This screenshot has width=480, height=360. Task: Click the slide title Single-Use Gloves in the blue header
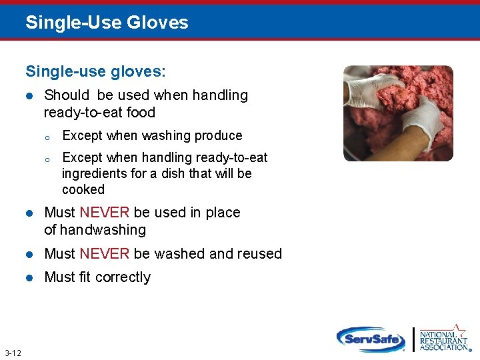(x=107, y=23)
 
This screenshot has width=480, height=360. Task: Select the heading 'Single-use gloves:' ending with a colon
(x=96, y=70)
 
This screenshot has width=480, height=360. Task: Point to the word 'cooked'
(x=83, y=189)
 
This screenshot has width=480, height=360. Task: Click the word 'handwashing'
(x=103, y=230)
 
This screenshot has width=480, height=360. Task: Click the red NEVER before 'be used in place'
(x=104, y=213)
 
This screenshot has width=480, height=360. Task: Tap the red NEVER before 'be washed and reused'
(x=104, y=254)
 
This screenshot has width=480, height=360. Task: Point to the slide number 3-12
(x=12, y=352)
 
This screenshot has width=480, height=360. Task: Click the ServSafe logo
(x=371, y=339)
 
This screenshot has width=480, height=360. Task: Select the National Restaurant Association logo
(x=444, y=338)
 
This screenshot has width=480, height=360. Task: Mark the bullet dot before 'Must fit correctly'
(x=29, y=277)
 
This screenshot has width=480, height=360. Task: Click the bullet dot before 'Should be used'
(x=29, y=96)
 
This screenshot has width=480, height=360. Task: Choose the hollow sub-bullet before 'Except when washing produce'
(x=47, y=137)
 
